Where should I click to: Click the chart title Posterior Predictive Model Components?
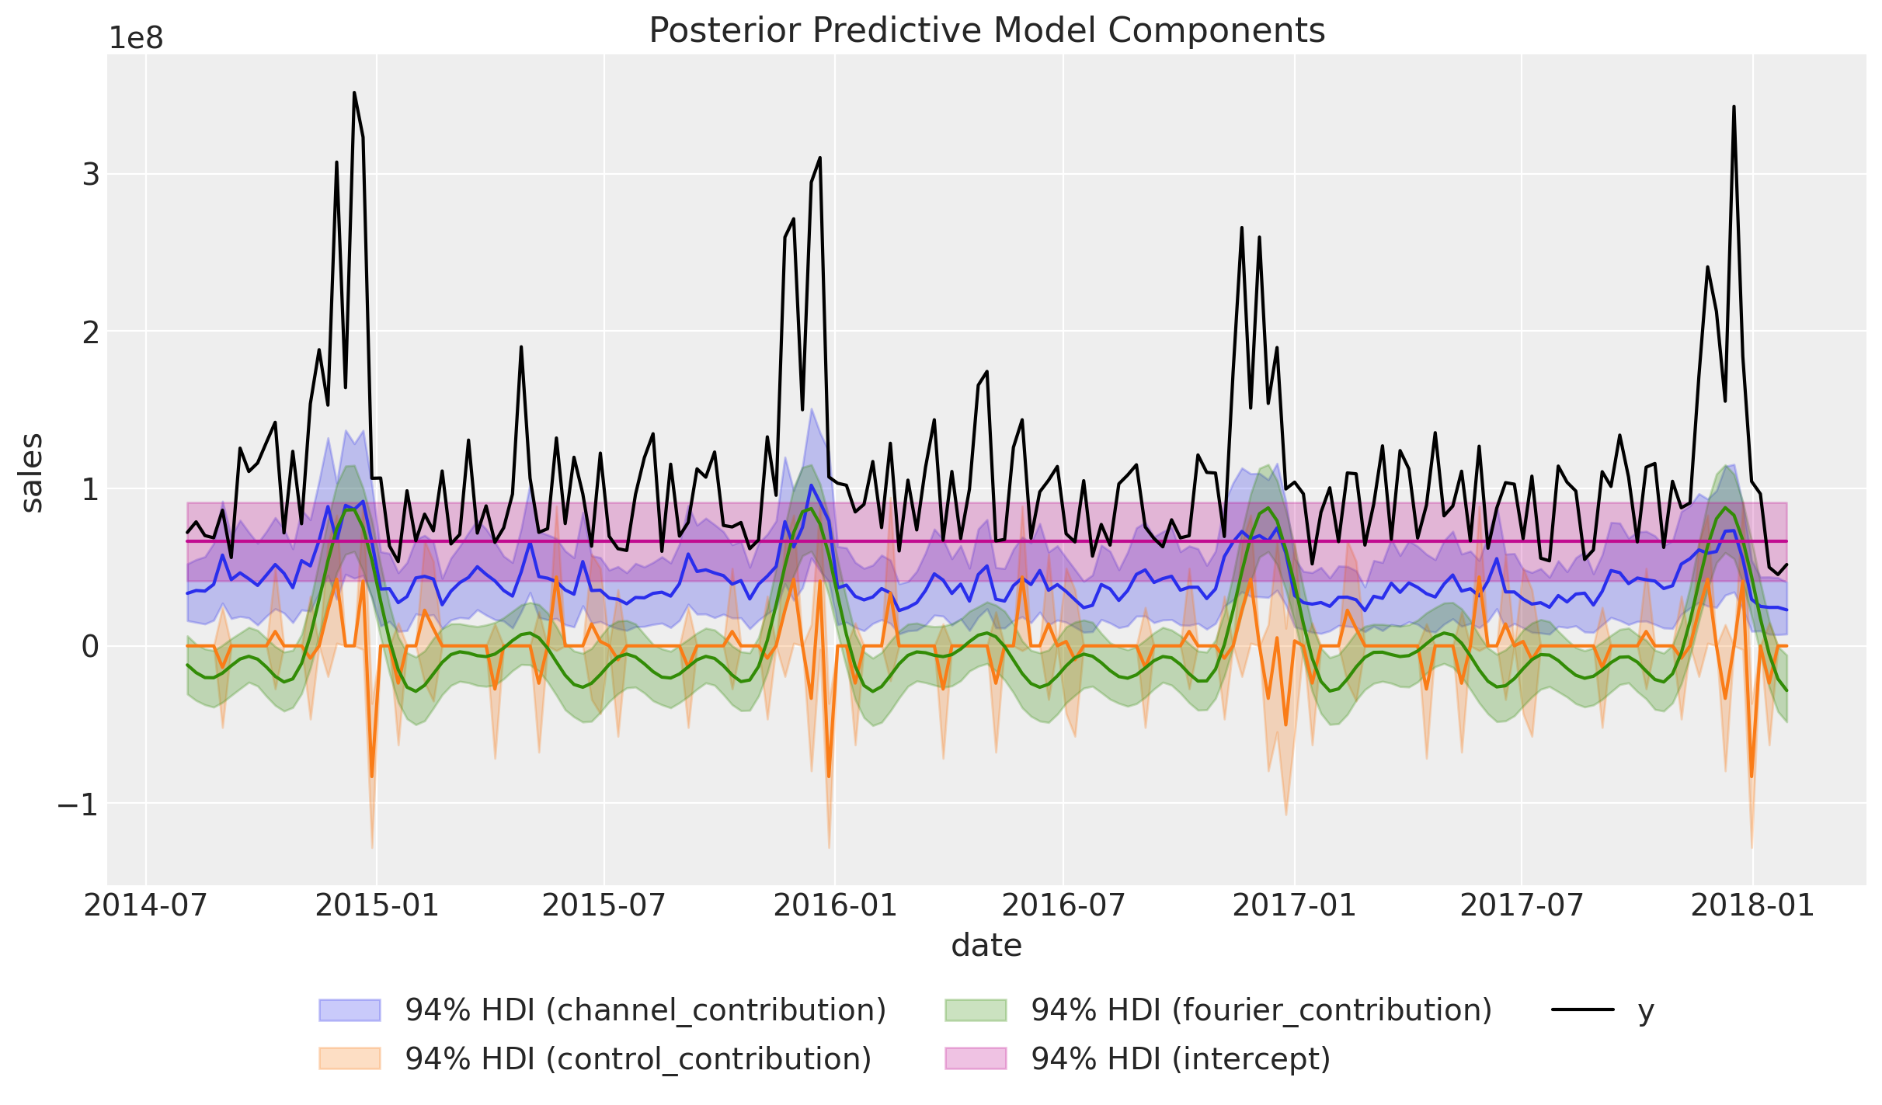coord(986,31)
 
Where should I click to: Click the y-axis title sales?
coord(33,473)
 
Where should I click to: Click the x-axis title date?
coord(986,946)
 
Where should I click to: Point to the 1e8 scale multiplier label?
coord(136,38)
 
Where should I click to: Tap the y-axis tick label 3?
coord(91,175)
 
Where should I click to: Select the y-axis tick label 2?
coord(91,332)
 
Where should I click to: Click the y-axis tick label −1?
coord(78,804)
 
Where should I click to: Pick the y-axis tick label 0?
coord(91,647)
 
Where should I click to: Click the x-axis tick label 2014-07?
coord(146,905)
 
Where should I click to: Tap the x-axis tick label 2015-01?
coord(377,905)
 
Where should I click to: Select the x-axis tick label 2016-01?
coord(835,905)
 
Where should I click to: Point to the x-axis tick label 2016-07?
coord(1063,905)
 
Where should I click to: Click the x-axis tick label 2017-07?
coord(1522,905)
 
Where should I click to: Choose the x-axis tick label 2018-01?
coord(1752,905)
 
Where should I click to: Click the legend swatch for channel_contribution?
coord(350,1010)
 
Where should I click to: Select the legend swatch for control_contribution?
coord(350,1058)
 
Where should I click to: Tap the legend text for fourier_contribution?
coord(1261,1010)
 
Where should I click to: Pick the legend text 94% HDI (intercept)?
coord(1181,1058)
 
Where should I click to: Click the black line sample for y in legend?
coord(1583,1009)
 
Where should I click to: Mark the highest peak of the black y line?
coord(354,92)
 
